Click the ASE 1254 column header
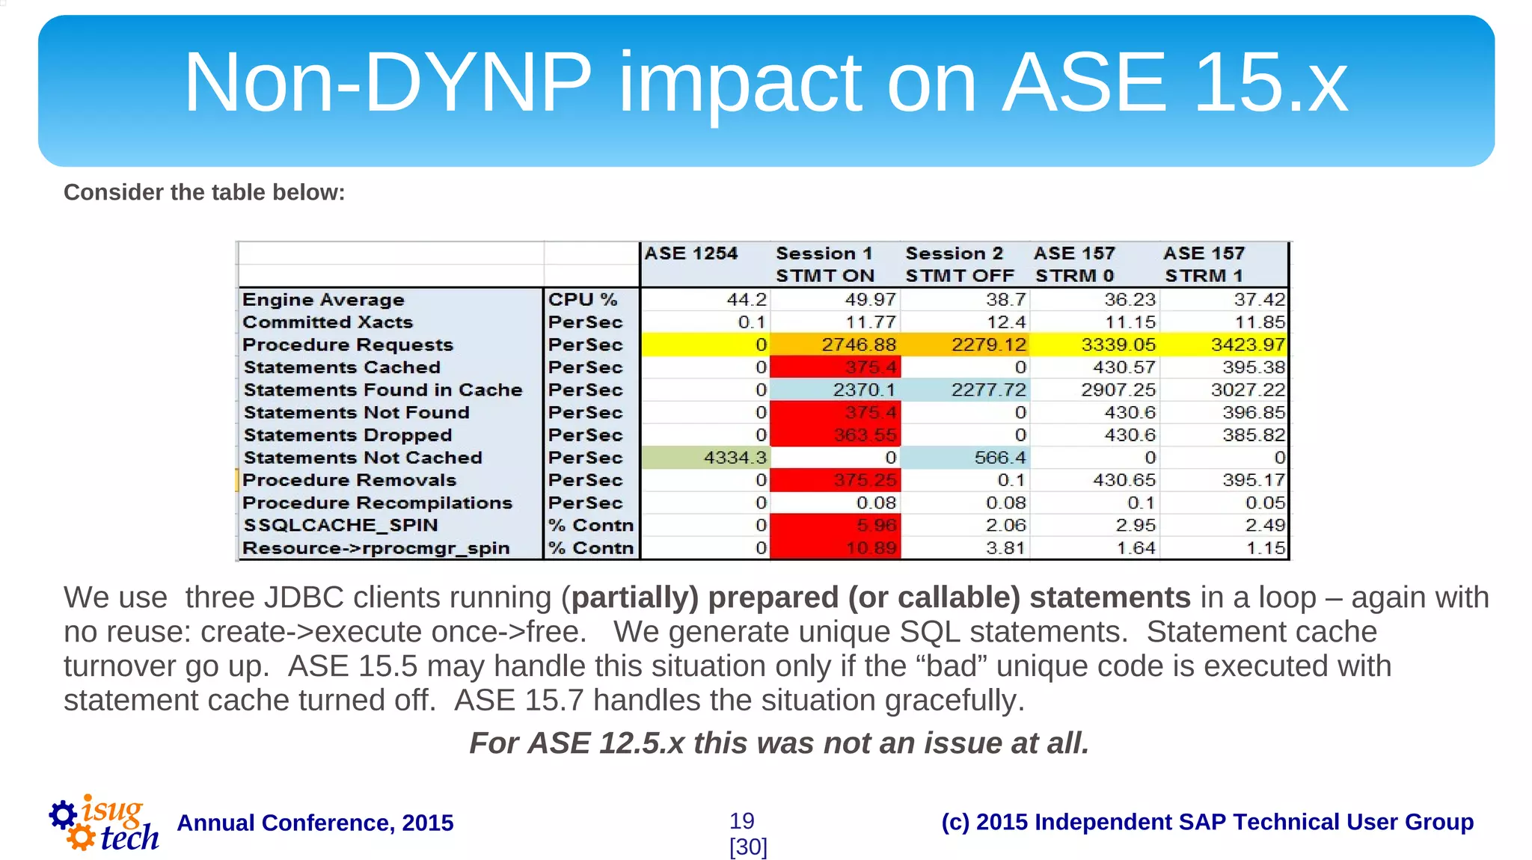click(x=690, y=254)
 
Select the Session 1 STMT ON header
click(x=824, y=265)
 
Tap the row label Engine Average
click(x=323, y=300)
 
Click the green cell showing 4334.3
click(x=705, y=458)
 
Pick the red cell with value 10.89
click(x=836, y=548)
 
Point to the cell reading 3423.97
click(x=1225, y=345)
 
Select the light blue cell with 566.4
click(x=965, y=458)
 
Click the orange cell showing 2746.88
click(x=836, y=345)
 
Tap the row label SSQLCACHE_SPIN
click(x=340, y=526)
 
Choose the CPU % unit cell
click(x=583, y=300)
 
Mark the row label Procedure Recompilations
click(x=377, y=503)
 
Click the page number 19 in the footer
click(x=741, y=821)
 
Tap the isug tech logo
click(x=104, y=824)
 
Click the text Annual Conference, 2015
click(x=315, y=823)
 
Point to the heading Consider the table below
click(x=204, y=192)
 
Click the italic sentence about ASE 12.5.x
click(x=779, y=743)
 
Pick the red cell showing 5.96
click(x=836, y=526)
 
